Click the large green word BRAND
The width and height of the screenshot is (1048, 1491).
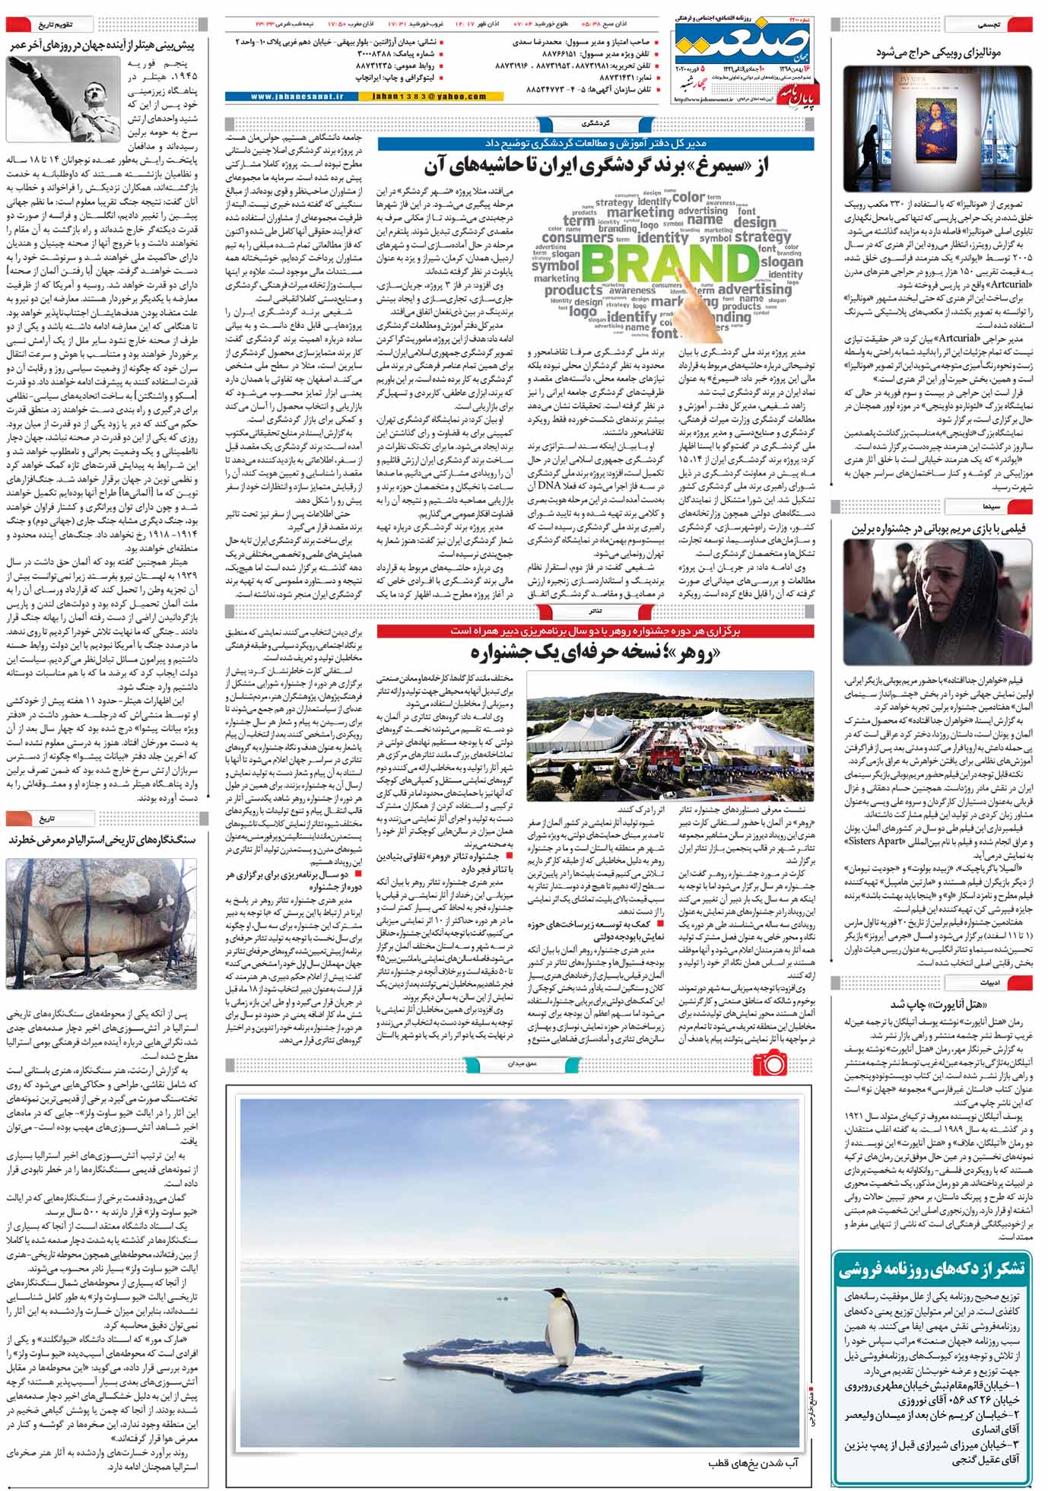point(670,263)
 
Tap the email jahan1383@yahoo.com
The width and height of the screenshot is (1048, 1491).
point(430,97)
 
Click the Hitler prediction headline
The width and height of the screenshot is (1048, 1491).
point(102,46)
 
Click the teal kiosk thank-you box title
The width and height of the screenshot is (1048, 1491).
point(932,1268)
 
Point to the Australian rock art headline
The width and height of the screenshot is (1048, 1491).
point(102,841)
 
